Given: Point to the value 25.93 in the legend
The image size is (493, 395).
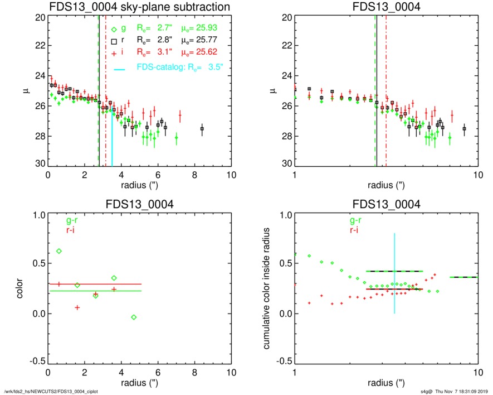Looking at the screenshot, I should [207, 28].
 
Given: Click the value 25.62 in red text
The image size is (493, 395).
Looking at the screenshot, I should [207, 51].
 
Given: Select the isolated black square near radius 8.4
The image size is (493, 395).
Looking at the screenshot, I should [202, 129].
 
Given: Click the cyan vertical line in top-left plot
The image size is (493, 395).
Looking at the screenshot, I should [112, 139].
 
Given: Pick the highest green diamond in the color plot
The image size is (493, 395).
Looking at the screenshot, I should [59, 251].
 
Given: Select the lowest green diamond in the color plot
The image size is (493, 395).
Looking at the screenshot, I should [133, 317].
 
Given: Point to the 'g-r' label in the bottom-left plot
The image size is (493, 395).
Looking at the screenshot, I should [71, 221].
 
